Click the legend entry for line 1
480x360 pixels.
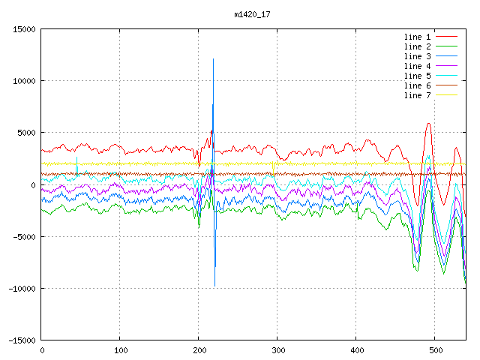(418, 37)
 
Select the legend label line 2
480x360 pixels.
(418, 46)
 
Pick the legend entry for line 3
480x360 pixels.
(418, 56)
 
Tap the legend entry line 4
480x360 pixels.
(418, 66)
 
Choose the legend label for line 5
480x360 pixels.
(418, 76)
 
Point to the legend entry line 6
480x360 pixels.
(418, 85)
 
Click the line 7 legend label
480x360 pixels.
(418, 95)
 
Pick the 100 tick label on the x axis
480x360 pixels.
(120, 349)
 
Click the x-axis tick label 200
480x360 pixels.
(199, 349)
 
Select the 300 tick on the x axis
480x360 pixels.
(277, 349)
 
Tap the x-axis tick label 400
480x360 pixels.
(356, 349)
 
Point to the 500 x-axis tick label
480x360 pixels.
(435, 349)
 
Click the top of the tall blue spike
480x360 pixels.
(214, 59)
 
